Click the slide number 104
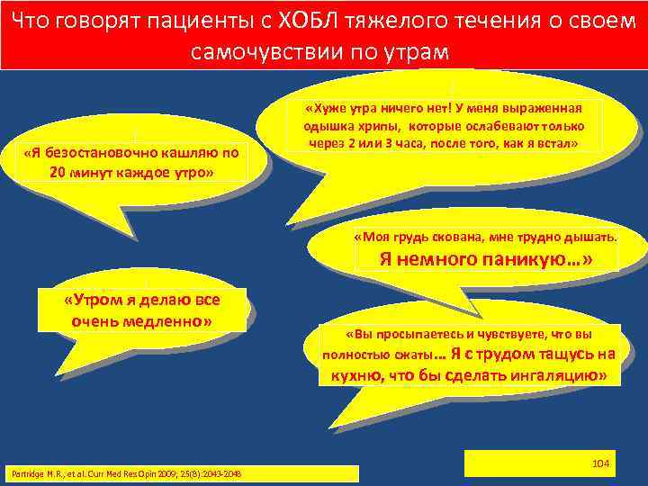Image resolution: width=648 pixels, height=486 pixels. point(602,463)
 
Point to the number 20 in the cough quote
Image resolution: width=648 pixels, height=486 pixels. point(58,172)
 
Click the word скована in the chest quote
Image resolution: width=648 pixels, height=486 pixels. point(450,238)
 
